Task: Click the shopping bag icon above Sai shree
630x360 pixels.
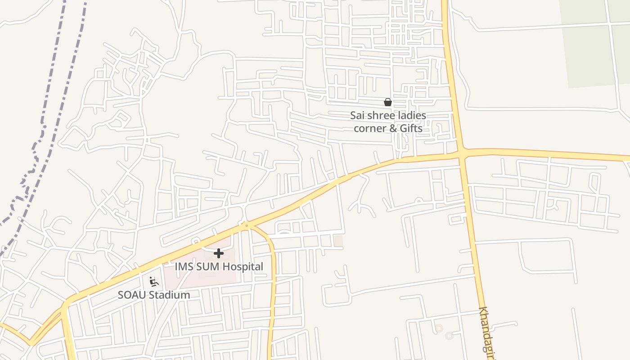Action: coord(387,102)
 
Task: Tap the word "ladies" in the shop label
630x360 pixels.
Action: coord(411,116)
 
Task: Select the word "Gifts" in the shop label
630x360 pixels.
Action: coord(411,128)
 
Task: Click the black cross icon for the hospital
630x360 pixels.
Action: coord(219,253)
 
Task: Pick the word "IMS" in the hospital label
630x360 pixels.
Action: coord(184,266)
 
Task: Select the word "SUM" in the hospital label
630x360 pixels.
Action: coord(207,266)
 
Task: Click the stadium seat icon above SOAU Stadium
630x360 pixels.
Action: coord(154,282)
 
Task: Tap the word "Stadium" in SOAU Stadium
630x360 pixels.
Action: coord(170,295)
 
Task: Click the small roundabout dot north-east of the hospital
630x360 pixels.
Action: coord(246,225)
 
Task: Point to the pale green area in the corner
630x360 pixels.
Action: coord(589,45)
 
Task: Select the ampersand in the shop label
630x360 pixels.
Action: coord(393,128)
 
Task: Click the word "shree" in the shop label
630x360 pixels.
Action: coord(380,116)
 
